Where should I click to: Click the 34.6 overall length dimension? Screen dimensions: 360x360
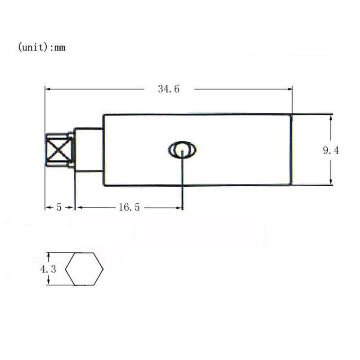tap(168, 89)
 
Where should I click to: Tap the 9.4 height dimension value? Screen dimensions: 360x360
tap(331, 150)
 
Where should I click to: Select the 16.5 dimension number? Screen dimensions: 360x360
tap(129, 207)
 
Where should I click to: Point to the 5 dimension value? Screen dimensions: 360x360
tap(59, 207)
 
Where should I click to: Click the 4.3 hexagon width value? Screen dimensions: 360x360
tap(48, 269)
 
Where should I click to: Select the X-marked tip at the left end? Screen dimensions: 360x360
tap(59, 150)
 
